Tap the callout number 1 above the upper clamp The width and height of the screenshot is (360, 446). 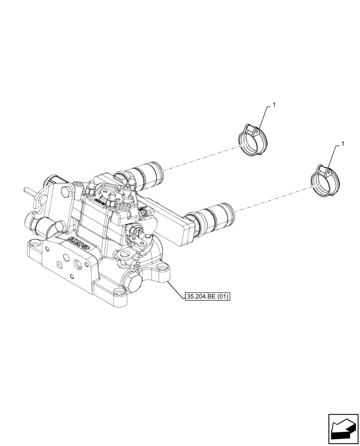click(x=274, y=105)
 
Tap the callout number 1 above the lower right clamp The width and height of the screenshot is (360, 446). click(x=342, y=144)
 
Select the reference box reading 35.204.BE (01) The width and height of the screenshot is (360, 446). click(x=207, y=296)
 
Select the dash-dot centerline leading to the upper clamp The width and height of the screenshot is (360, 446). click(x=200, y=157)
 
